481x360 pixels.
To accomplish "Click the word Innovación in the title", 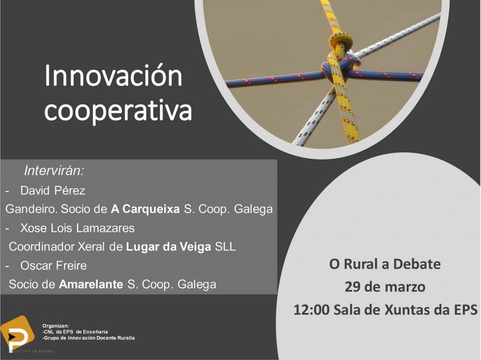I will (x=113, y=76).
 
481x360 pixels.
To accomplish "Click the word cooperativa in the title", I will (x=118, y=110).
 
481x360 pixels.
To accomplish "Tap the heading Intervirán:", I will (x=54, y=171).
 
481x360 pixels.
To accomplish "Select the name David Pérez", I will (x=52, y=191).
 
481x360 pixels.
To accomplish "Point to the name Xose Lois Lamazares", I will (x=77, y=228).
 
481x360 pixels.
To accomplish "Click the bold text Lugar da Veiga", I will (x=168, y=247).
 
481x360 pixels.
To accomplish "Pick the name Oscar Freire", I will (x=53, y=265).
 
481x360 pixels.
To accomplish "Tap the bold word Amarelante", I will (x=91, y=284).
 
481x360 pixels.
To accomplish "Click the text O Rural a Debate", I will (x=385, y=264).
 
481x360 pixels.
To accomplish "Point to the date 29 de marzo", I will (x=385, y=287).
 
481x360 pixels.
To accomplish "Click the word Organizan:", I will (x=56, y=325).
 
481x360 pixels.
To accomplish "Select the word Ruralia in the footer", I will (x=123, y=338).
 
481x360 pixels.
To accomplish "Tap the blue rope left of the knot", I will (x=273, y=80).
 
